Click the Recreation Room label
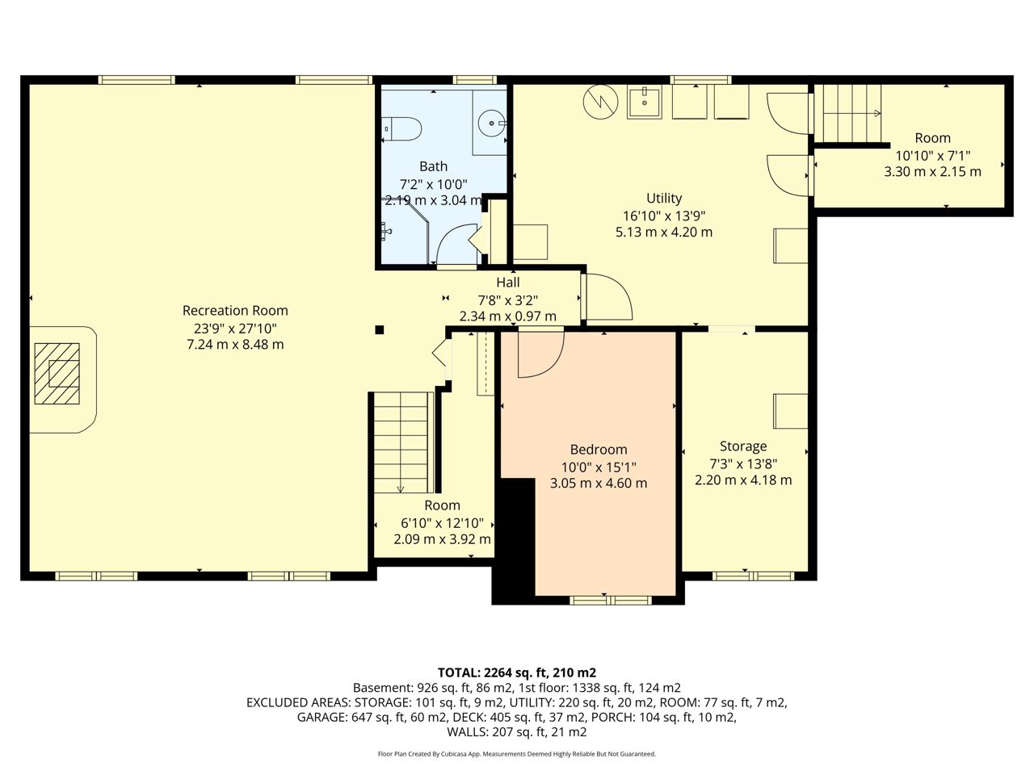(235, 311)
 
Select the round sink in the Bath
(492, 124)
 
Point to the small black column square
(379, 330)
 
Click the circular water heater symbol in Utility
(601, 102)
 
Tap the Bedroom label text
(599, 450)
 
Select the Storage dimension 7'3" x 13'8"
(743, 464)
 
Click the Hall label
(508, 283)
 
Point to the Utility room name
(664, 198)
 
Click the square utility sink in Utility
(644, 102)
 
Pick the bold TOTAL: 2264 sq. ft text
(517, 672)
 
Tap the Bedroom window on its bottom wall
(611, 600)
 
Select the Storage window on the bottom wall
(753, 576)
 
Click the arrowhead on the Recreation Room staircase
(401, 489)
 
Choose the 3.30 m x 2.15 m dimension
(932, 172)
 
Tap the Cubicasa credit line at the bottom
(517, 754)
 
